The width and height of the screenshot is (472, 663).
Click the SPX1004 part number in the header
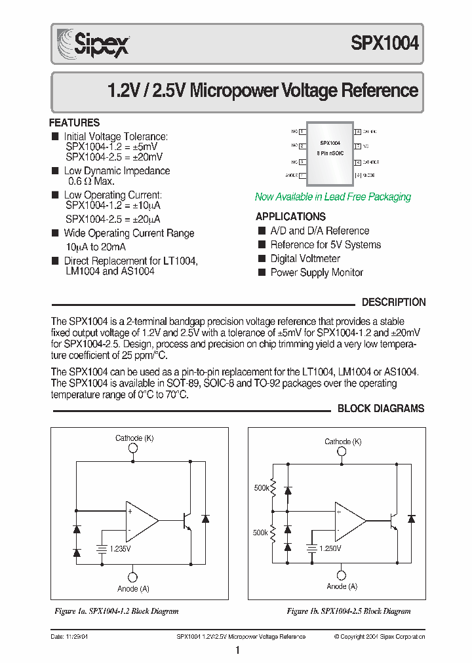pos(385,44)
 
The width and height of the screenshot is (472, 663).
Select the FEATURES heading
pos(75,123)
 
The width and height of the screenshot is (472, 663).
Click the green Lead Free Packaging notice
pos(332,197)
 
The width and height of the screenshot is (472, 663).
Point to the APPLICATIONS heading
pos(290,217)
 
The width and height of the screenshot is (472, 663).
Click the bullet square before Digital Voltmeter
pos(262,259)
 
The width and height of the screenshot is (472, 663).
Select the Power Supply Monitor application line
pos(317,273)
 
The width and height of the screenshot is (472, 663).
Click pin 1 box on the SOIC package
pos(302,131)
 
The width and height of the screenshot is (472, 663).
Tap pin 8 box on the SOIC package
pos(358,131)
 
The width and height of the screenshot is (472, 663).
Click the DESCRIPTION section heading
pos(393,303)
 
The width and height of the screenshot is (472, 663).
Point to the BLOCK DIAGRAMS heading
pos(381,409)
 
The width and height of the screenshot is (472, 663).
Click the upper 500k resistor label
pos(261,488)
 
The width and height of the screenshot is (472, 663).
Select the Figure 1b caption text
pos(349,611)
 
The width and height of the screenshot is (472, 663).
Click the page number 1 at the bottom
pos(237,651)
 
